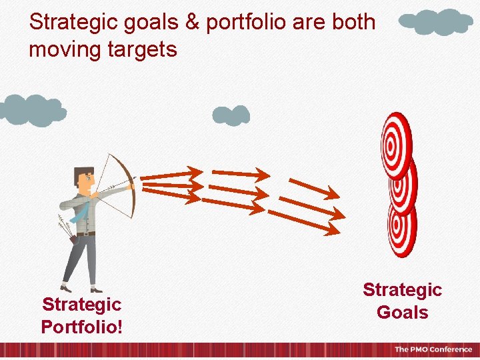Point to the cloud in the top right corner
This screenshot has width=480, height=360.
[436, 22]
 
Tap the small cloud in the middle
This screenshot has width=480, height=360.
[231, 116]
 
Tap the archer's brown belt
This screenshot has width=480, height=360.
[86, 233]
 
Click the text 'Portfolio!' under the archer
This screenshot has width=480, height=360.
[81, 327]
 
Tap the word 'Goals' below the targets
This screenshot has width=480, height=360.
[402, 312]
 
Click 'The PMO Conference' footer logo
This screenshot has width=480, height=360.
[433, 350]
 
